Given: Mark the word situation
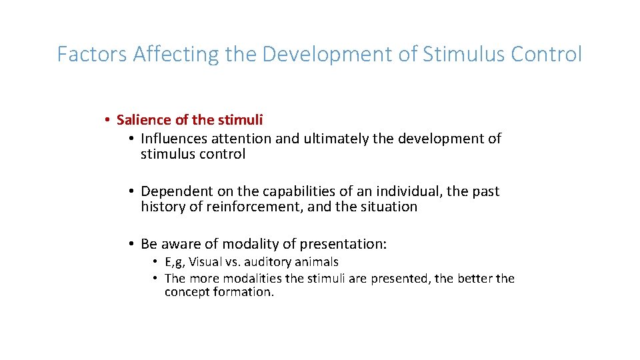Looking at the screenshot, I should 388,207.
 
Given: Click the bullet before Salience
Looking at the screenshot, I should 107,120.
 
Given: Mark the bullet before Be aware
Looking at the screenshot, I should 132,244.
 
